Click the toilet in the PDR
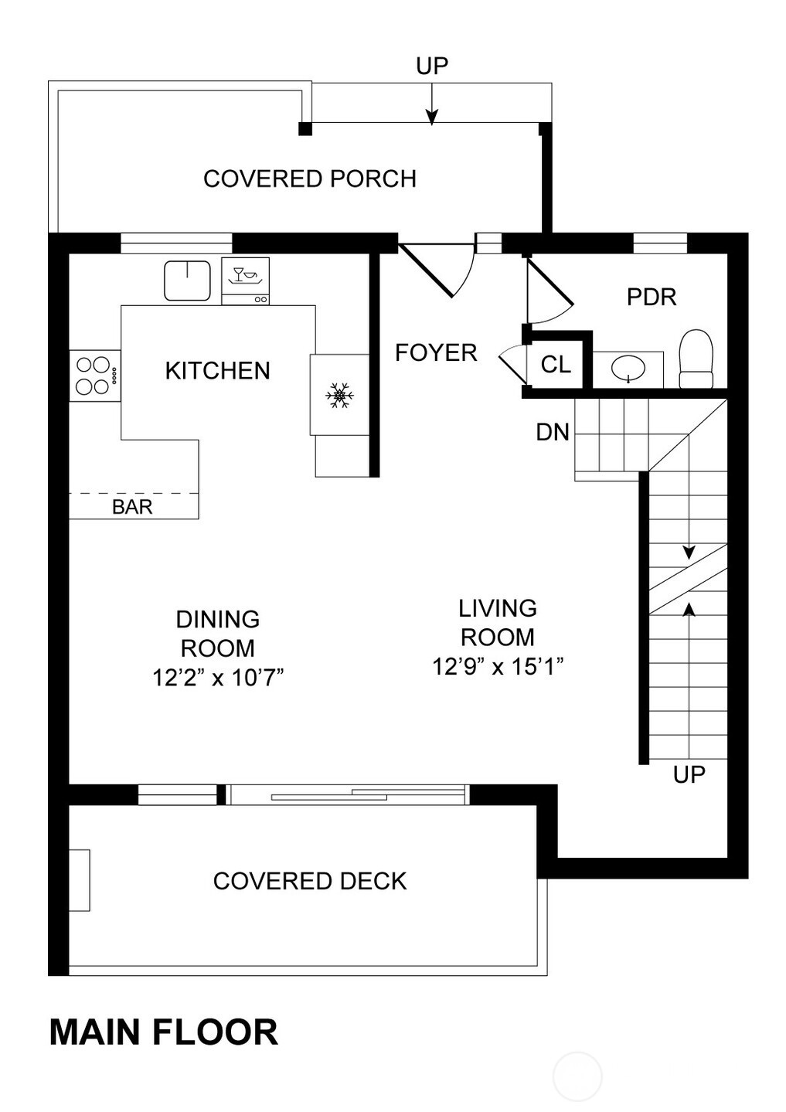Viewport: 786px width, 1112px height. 696,359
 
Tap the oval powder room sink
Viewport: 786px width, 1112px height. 628,369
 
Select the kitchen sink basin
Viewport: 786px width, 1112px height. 187,281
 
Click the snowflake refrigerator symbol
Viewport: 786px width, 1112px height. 339,395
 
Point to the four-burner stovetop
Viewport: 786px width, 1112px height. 94,376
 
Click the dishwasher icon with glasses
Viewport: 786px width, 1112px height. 245,281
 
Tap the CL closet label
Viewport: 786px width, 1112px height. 556,365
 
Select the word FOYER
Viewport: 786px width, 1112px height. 436,353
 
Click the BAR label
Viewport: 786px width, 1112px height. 132,507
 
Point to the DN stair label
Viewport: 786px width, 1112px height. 553,433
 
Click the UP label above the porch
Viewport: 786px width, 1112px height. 432,66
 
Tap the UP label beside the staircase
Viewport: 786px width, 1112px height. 689,774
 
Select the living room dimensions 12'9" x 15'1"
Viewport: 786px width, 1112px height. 498,666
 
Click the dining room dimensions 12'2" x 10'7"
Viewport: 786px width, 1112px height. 218,677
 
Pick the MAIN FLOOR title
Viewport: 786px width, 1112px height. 164,1032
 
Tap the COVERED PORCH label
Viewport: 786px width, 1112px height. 310,179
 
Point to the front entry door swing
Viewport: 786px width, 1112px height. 437,270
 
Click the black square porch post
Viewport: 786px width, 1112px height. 305,128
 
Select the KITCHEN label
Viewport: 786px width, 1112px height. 217,370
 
